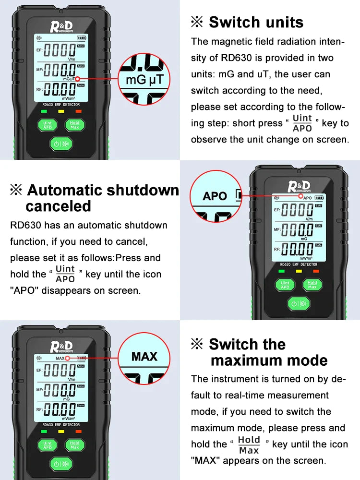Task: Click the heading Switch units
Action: pos(256,22)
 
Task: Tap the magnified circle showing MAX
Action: pos(144,356)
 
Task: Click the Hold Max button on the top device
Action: pos(74,125)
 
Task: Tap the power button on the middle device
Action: pos(299,303)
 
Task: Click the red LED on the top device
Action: pos(78,111)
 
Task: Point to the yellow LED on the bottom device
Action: pos(61,431)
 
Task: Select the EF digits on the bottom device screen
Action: pos(60,370)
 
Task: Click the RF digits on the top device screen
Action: pos(60,89)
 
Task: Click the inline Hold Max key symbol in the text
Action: pos(249,444)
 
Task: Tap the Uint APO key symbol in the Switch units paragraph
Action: pos(302,123)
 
